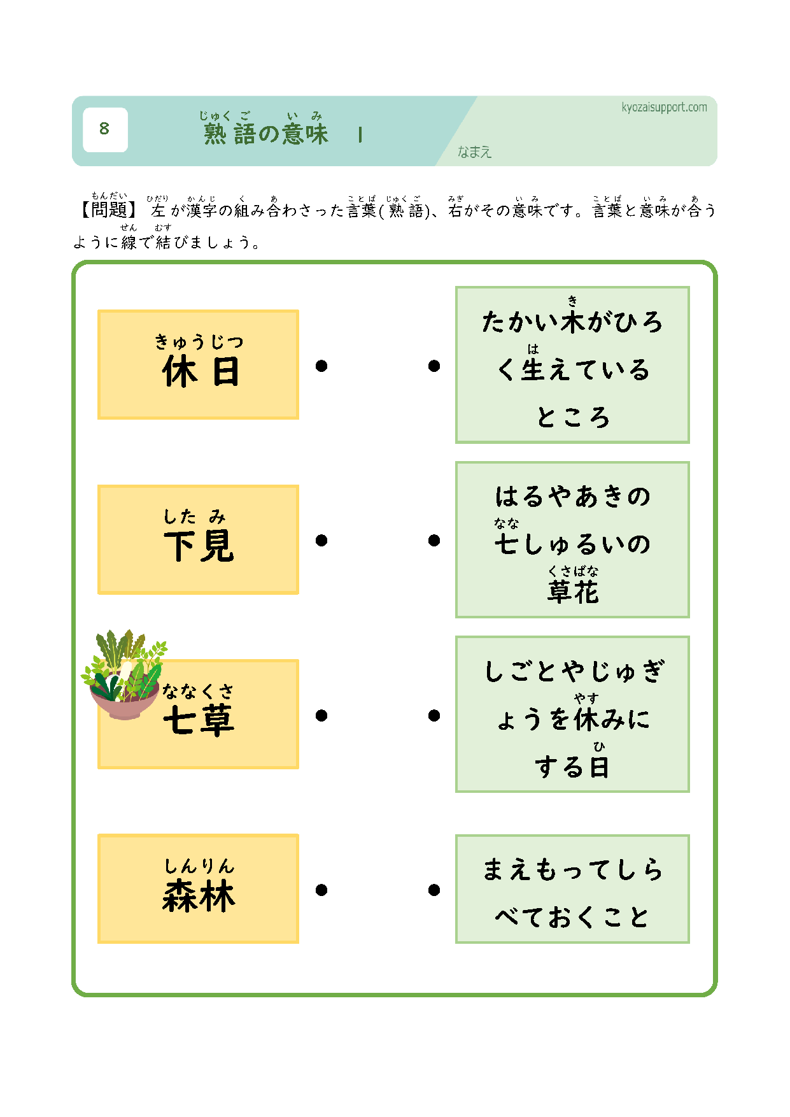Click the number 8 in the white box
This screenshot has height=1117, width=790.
click(x=104, y=129)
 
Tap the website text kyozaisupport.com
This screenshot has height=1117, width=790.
click(x=664, y=108)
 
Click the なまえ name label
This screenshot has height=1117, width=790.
click(x=474, y=152)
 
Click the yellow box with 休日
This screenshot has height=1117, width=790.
click(x=198, y=365)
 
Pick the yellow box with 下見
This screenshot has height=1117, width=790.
click(x=198, y=540)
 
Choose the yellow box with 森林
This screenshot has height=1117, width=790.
click(x=198, y=888)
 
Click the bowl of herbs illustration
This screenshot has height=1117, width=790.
click(x=123, y=674)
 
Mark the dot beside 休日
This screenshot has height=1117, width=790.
click(x=321, y=366)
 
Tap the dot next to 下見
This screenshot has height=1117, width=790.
click(x=321, y=541)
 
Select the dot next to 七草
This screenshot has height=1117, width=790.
click(x=321, y=716)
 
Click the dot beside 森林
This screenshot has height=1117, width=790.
click(x=321, y=890)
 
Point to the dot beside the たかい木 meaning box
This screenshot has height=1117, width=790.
click(x=434, y=366)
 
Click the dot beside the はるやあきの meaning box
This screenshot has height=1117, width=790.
click(x=434, y=541)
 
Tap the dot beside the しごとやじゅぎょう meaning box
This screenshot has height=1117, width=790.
click(x=434, y=716)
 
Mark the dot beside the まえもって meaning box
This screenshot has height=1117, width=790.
click(x=434, y=890)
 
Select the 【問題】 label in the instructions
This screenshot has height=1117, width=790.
click(x=106, y=209)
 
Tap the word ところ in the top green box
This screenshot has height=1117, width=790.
click(x=573, y=417)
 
